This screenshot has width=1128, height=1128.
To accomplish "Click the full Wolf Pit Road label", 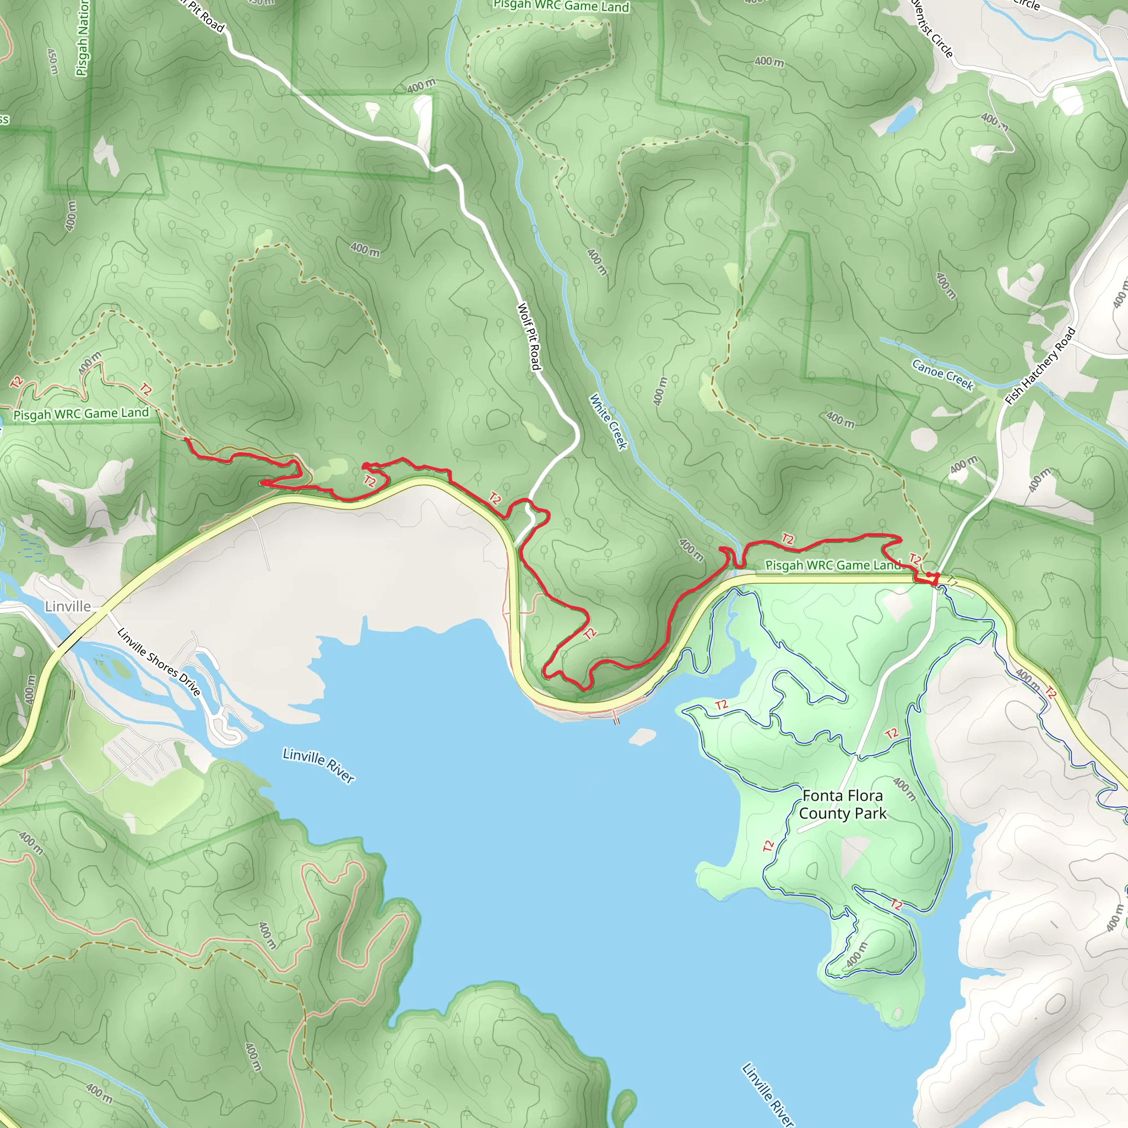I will [529, 337].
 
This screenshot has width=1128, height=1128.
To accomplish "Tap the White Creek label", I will [608, 421].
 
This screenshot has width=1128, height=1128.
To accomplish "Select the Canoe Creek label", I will [942, 375].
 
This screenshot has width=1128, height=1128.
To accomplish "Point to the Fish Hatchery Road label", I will [1040, 366].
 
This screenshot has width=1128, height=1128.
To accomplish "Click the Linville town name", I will [68, 606].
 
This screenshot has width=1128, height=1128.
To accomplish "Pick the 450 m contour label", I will [52, 61].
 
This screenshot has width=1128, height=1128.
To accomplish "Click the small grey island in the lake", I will [642, 737].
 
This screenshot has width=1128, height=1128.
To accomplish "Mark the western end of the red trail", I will [186, 438].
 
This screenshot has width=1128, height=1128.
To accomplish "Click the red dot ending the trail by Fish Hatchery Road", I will [929, 574].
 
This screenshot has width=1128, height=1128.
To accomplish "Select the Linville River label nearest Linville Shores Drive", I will [318, 765].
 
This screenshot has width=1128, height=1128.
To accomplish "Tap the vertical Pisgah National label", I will [83, 39].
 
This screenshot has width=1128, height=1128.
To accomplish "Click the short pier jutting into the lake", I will [615, 717].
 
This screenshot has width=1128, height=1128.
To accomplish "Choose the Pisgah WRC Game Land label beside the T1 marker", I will [833, 565].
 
